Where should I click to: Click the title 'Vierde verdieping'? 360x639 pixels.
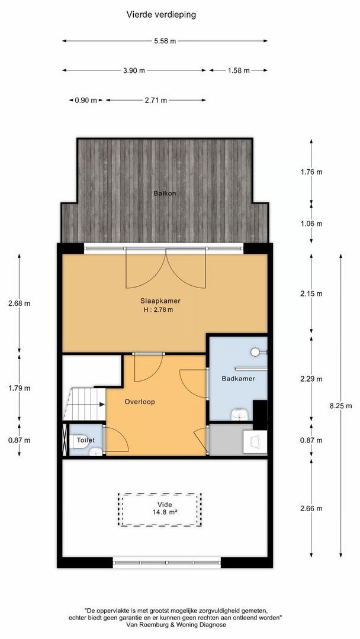[x=161, y=14]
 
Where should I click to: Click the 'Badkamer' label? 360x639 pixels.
[x=238, y=379]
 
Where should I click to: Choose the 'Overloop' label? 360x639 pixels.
[x=140, y=402]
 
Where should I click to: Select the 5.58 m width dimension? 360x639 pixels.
[x=164, y=41]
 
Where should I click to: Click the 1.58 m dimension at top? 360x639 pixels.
[x=239, y=70]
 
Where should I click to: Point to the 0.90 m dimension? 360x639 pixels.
[x=85, y=101]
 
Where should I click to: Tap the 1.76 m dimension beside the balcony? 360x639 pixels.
[x=311, y=172]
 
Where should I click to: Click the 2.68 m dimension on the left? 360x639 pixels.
[x=19, y=304]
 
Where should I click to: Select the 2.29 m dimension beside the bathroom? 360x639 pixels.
[x=311, y=379]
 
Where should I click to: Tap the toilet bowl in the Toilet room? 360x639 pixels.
[x=93, y=452]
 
